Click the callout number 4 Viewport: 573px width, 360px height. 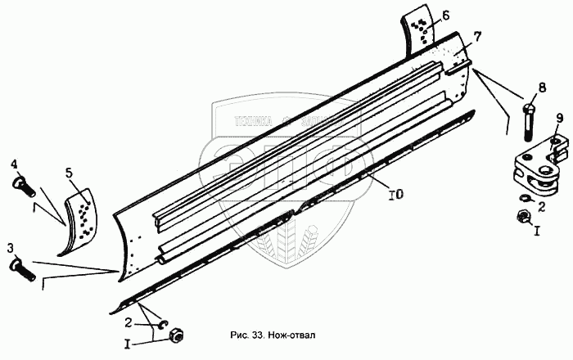click(x=15, y=164)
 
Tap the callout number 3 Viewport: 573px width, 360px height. click(x=11, y=247)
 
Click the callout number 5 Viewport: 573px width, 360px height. click(x=70, y=173)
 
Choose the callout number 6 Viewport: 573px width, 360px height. click(x=446, y=16)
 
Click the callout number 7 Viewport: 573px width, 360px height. click(x=478, y=37)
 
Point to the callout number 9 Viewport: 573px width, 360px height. click(x=560, y=119)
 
